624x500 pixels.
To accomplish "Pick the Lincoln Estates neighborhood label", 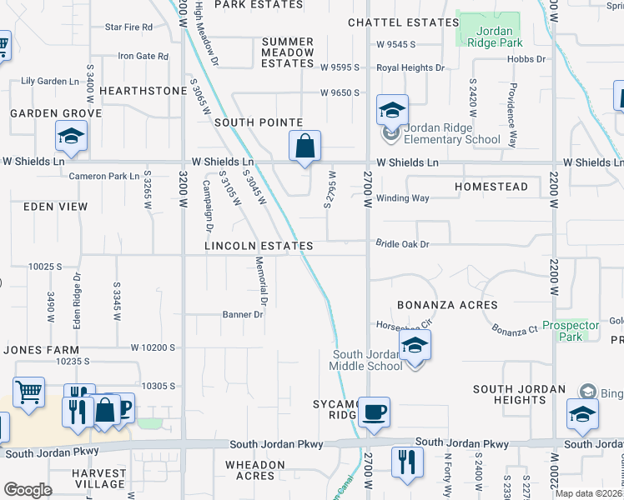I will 259,247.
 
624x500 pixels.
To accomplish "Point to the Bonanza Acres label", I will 448,305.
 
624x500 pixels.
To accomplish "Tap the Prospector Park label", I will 570,331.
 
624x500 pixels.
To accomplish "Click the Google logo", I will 28,490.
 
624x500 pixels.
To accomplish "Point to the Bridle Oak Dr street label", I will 402,244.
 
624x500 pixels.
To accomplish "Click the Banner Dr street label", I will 243,315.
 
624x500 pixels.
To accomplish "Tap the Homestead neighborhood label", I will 491,187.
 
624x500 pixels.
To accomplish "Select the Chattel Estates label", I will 403,22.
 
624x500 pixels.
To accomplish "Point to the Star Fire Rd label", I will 129,27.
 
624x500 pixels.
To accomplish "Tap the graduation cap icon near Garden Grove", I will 72,136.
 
